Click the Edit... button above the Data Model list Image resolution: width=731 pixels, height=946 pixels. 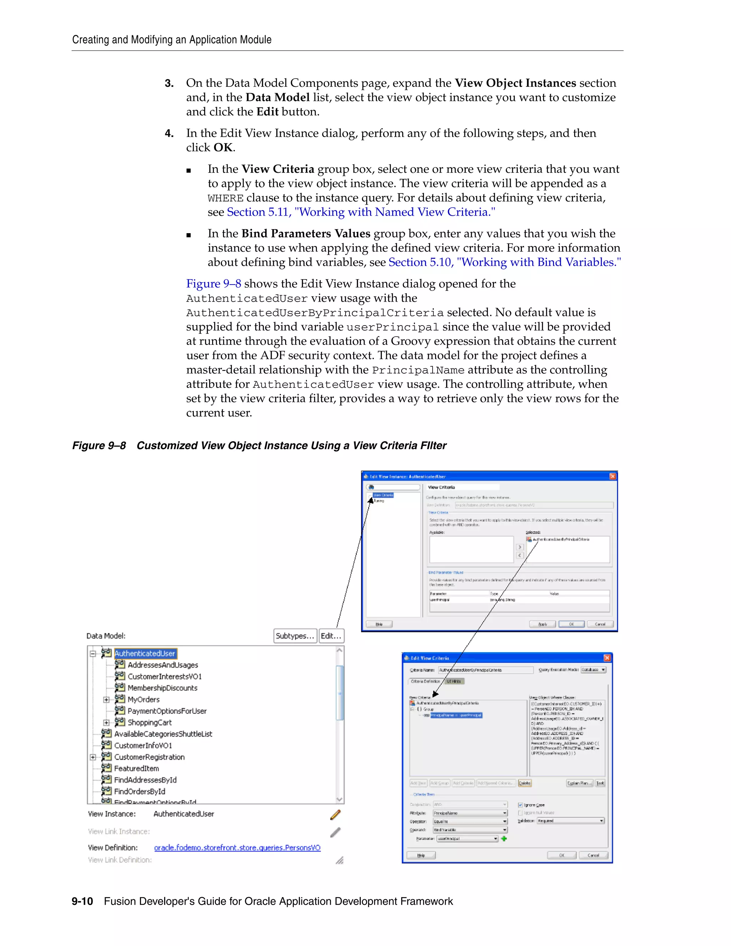coord(331,636)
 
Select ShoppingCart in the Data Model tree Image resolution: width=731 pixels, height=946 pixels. coord(150,723)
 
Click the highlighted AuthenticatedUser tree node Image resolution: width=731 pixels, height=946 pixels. coord(145,653)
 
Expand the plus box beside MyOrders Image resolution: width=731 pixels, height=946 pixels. coord(106,700)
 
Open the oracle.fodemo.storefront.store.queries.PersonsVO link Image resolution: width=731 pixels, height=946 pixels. coord(237,848)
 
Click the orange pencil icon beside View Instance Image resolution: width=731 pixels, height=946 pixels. coord(335,815)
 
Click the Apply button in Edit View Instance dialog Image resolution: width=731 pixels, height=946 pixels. coord(542,624)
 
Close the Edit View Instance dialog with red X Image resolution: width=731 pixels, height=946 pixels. coord(612,477)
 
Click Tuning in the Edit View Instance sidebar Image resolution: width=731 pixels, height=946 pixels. coord(379,501)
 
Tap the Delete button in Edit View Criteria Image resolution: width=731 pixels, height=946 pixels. coord(524,783)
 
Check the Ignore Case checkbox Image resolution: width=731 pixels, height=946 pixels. coord(520,805)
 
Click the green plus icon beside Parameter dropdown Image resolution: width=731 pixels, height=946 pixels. coord(504,839)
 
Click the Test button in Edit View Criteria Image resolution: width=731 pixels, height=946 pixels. coord(600,783)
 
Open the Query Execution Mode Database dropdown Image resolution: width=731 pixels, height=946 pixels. coord(593,670)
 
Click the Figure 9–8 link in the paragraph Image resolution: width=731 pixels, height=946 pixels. coord(213,284)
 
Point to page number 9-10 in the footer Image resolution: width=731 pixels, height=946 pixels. coord(82,901)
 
